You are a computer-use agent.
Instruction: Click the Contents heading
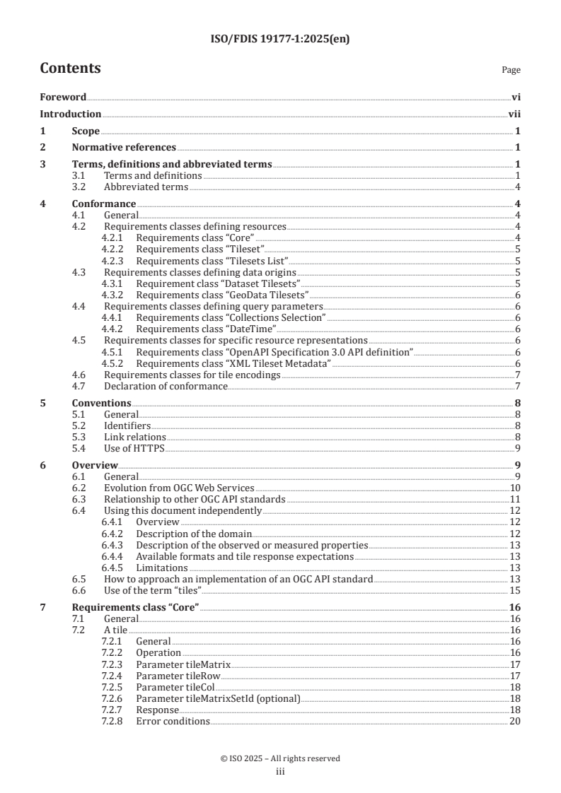(70, 69)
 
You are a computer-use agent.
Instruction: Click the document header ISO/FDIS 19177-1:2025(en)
(280, 40)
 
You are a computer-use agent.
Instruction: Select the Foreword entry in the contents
(63, 97)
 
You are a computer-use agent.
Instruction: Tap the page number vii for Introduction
(514, 114)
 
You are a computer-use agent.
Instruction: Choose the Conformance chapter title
(104, 204)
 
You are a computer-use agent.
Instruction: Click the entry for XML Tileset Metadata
(233, 363)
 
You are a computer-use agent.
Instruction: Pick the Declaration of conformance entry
(166, 386)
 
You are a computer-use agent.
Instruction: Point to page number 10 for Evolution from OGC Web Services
(516, 488)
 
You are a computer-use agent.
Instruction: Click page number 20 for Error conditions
(515, 721)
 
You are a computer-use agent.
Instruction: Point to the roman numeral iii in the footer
(280, 772)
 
